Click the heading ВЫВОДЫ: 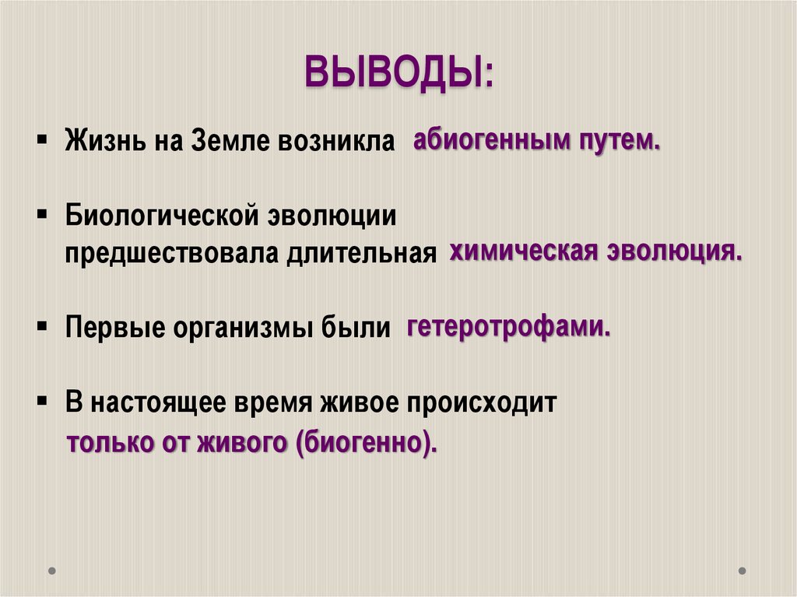pos(398,75)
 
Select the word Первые pos(115,328)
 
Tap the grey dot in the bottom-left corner pos(52,571)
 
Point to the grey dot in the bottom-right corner pos(742,571)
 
